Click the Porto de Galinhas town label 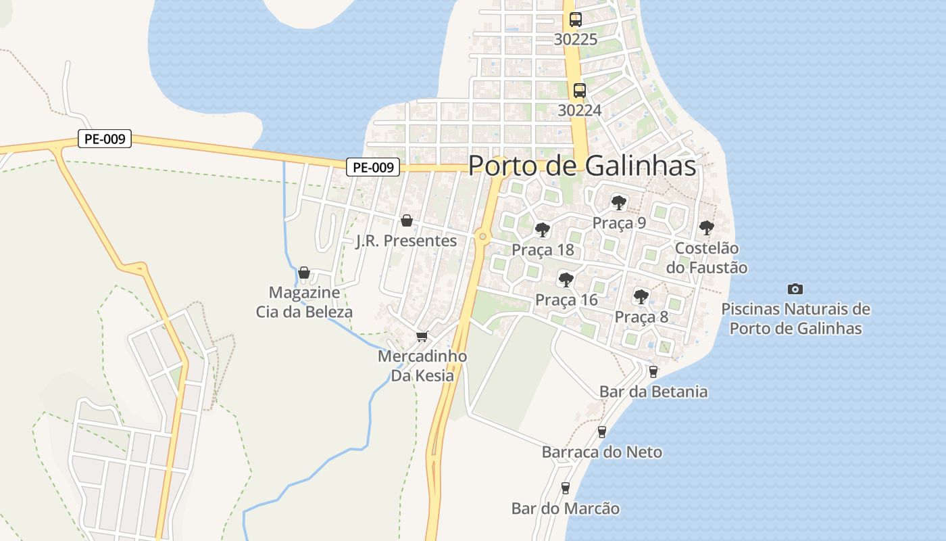click(582, 166)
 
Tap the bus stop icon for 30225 click(576, 20)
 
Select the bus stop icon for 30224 click(580, 90)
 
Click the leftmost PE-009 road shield click(104, 139)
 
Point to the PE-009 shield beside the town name click(374, 167)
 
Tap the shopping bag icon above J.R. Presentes click(407, 220)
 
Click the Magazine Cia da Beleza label click(304, 302)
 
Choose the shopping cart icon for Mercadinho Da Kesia click(422, 336)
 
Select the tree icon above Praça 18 click(542, 230)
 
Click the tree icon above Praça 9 click(618, 202)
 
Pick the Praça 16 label click(566, 300)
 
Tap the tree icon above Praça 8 click(641, 296)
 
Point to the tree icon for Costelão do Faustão click(707, 228)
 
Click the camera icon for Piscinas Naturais click(795, 289)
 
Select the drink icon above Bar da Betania click(653, 371)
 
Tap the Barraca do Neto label click(601, 452)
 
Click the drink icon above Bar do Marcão click(566, 488)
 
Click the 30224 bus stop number click(579, 110)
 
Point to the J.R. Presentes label click(406, 241)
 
